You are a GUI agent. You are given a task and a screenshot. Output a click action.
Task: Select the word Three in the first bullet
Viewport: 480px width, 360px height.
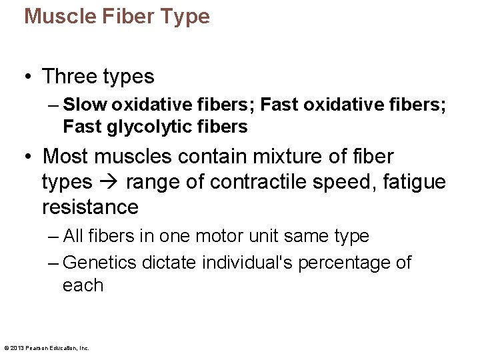69,77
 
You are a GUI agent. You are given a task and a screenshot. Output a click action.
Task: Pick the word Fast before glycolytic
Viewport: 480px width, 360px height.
81,126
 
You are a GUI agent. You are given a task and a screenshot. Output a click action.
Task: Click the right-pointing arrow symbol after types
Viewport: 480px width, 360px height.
108,182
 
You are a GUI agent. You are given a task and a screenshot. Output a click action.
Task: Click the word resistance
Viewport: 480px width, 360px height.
90,207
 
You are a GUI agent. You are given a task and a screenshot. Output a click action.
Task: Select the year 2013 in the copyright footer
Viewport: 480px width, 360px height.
18,347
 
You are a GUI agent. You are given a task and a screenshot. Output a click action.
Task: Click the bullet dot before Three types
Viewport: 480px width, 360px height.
27,77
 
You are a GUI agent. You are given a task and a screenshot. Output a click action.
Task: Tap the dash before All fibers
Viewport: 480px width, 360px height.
53,236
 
